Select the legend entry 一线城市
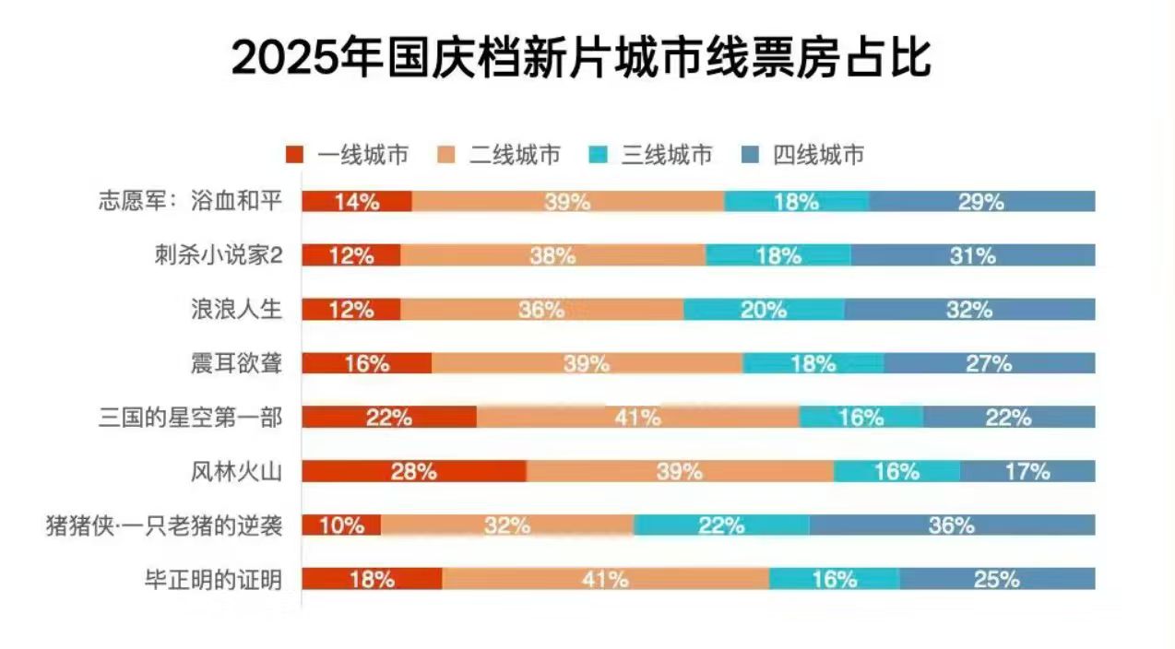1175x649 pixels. coord(348,154)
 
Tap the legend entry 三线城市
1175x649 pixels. coord(650,154)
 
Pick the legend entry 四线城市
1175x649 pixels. coord(802,154)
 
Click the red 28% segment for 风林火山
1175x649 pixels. coord(414,472)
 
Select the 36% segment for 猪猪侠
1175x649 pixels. coord(952,525)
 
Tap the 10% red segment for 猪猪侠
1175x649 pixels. coord(341,525)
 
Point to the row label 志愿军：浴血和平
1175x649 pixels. coord(189,202)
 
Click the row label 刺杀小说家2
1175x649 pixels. coord(218,255)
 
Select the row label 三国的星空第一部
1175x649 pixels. coord(189,418)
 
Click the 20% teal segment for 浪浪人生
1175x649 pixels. coord(764,310)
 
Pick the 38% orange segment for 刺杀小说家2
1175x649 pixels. coord(553,256)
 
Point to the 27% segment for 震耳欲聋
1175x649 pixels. coord(989,363)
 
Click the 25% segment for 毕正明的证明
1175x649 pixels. coord(997,580)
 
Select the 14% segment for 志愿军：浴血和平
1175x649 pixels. coord(357,202)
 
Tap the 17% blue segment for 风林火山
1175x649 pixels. coord(1027,472)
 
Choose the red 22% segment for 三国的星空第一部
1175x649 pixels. coord(389,418)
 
